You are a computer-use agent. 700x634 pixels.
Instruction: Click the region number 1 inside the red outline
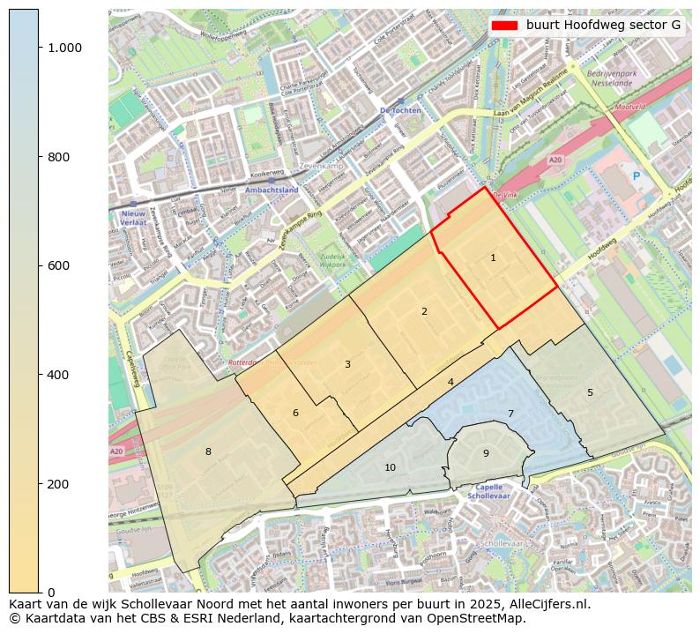click(x=493, y=257)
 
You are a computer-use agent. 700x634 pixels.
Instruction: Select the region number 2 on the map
click(x=424, y=311)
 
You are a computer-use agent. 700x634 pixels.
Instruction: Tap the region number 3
click(x=347, y=364)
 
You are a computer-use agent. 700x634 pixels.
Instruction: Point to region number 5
click(x=591, y=392)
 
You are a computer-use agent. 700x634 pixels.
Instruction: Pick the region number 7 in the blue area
click(x=510, y=414)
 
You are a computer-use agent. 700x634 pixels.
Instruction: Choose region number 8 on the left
click(x=208, y=451)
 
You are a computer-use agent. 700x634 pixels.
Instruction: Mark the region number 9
click(x=486, y=453)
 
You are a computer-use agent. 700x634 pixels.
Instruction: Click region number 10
click(x=390, y=467)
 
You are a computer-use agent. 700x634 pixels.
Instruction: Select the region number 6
click(x=295, y=413)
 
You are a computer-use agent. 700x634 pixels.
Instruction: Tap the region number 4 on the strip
click(x=451, y=382)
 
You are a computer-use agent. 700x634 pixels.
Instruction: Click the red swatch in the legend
click(x=505, y=26)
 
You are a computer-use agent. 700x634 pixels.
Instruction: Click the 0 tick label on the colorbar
click(x=51, y=592)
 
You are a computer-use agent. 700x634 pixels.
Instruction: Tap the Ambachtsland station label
click(x=272, y=190)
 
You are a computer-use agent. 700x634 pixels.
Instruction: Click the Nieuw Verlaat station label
click(x=133, y=219)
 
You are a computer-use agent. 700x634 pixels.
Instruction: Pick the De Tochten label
click(x=401, y=110)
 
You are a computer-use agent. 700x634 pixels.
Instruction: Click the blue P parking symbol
click(x=636, y=176)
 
